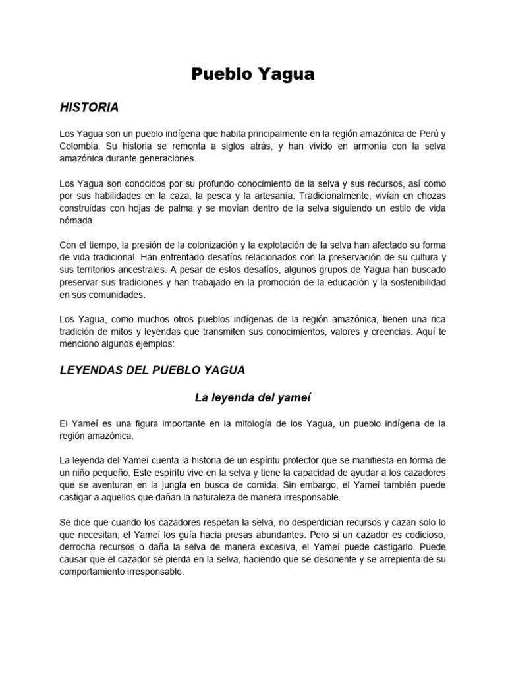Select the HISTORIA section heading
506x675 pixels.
[89, 107]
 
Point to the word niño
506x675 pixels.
[83, 472]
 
